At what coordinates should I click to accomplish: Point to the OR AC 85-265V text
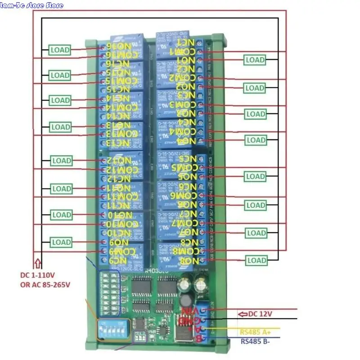pos(45,284)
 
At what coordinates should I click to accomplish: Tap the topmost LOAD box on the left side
pos(60,49)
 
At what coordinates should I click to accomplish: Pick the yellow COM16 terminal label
pos(122,55)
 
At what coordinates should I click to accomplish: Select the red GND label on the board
pos(188,320)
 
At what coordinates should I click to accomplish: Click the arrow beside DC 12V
pos(243,314)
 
